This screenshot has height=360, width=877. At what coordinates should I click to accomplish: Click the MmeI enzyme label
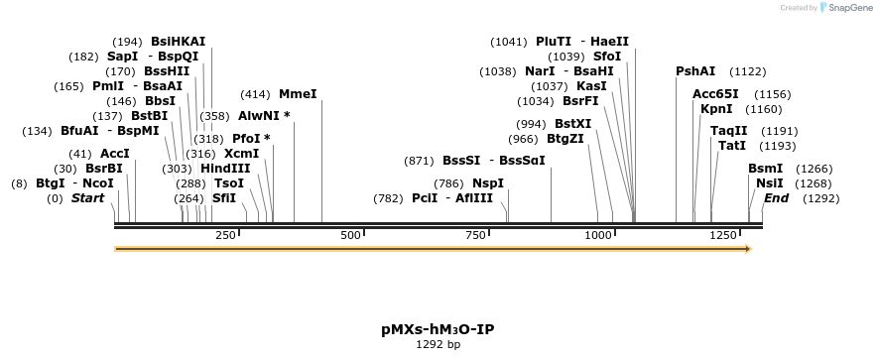tap(298, 94)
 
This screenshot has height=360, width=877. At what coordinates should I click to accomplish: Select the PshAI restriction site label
tap(694, 71)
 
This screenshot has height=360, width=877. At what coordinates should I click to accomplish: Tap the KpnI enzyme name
tap(716, 109)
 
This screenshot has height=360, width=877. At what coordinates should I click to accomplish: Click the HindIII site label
tap(225, 169)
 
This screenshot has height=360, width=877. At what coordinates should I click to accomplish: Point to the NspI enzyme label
tap(487, 183)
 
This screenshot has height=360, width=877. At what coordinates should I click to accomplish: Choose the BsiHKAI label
tap(178, 42)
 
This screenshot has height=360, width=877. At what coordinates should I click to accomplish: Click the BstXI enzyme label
tap(572, 124)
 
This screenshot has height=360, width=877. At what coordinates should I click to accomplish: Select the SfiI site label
tap(224, 198)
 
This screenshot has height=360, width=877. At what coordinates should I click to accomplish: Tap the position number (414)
tap(255, 94)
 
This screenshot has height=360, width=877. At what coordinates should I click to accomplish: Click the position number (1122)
tap(748, 71)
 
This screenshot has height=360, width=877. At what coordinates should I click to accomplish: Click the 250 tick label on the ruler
tap(225, 235)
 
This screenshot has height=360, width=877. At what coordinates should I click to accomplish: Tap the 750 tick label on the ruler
tap(475, 235)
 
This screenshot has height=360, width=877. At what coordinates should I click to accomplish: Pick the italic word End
tap(776, 198)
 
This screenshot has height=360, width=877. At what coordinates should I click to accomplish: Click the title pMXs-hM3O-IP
tap(438, 329)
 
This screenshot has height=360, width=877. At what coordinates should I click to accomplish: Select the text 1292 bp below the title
tap(438, 345)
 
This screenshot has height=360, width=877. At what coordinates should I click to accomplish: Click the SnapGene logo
tap(841, 8)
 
